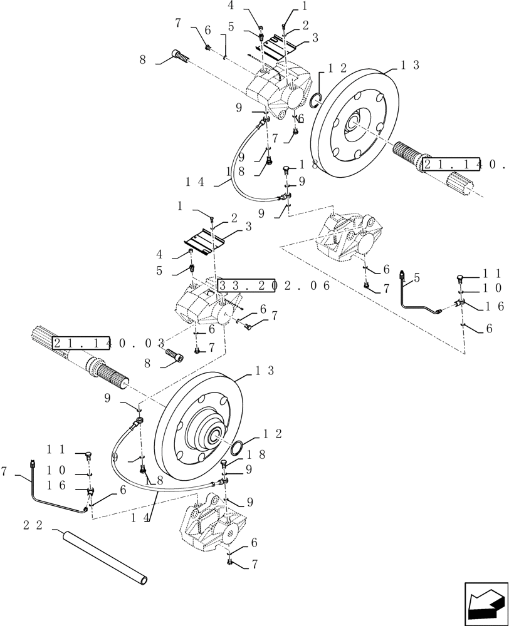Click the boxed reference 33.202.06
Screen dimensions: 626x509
click(x=273, y=286)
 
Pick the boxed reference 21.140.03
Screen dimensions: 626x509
click(x=108, y=343)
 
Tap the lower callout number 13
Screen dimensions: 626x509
click(x=265, y=371)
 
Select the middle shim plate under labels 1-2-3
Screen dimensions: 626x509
click(x=204, y=240)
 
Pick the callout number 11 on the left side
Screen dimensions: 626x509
click(x=56, y=449)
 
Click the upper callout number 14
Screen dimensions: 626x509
click(x=195, y=182)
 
